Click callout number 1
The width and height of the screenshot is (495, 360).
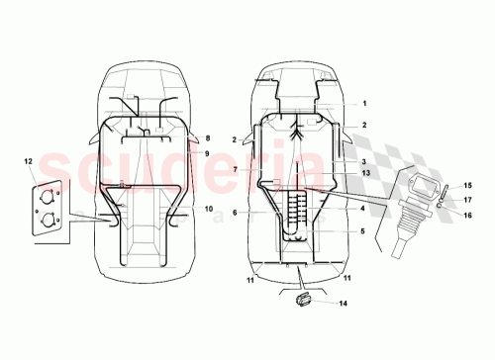coord(364,104)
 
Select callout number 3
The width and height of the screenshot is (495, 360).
coord(364,161)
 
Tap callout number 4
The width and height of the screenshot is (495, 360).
coord(364,209)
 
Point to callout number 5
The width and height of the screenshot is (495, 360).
coord(364,231)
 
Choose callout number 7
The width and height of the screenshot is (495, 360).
coord(236,170)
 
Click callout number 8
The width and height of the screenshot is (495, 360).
coord(208,139)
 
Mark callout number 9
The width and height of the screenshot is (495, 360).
coord(208,153)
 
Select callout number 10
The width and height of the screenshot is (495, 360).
coord(209,209)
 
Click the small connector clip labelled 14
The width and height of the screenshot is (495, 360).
coord(301,299)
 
